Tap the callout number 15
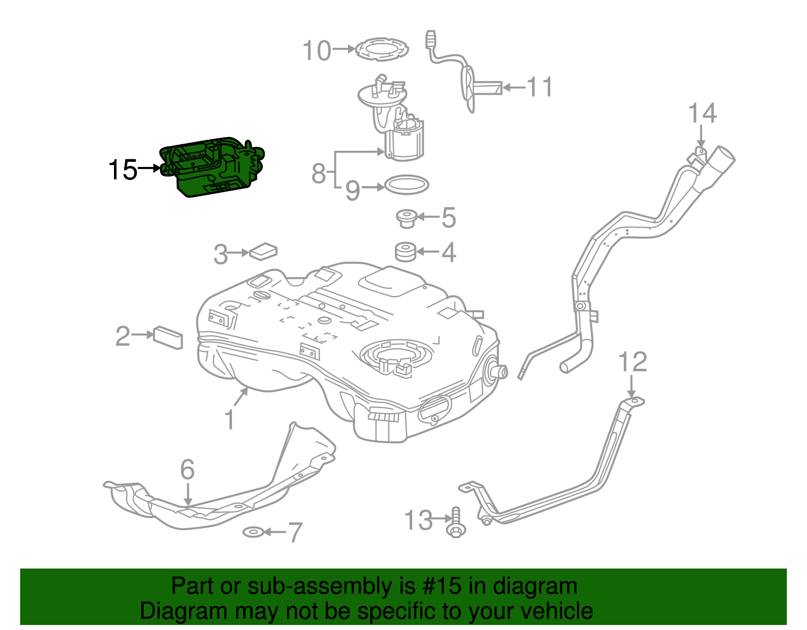(x=123, y=170)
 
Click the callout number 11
(x=540, y=87)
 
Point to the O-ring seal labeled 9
(x=407, y=185)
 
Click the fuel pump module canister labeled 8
(x=404, y=144)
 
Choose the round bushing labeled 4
(x=405, y=252)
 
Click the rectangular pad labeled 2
(x=168, y=337)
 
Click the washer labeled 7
(x=253, y=532)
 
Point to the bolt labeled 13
(x=456, y=523)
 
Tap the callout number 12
(x=632, y=362)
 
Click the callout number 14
(x=702, y=113)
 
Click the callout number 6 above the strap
(x=187, y=470)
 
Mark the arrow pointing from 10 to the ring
(x=344, y=49)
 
